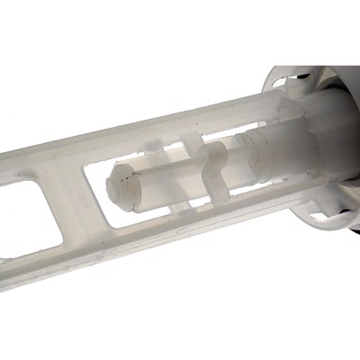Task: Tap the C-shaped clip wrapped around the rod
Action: tap(213, 166)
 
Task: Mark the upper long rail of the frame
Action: tap(135, 144)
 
